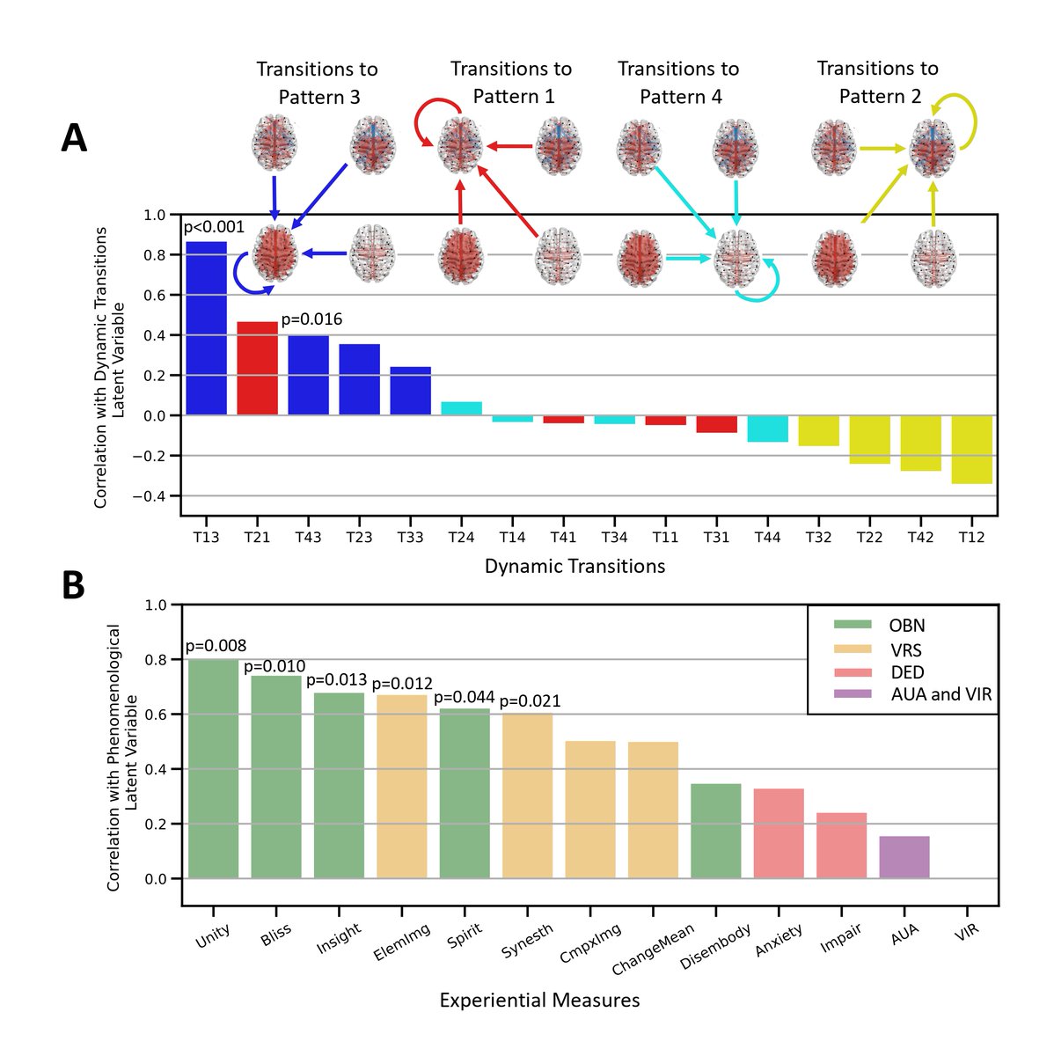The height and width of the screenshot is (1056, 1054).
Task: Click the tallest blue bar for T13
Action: [x=206, y=328]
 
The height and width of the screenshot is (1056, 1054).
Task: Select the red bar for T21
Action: [x=257, y=368]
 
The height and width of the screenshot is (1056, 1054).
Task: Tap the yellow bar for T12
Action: [x=971, y=450]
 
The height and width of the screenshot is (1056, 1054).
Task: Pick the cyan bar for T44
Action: [x=767, y=429]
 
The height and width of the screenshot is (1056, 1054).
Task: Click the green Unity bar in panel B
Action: [x=213, y=769]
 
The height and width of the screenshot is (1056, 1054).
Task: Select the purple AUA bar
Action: [x=904, y=858]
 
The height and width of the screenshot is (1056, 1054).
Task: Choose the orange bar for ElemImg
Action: [x=402, y=787]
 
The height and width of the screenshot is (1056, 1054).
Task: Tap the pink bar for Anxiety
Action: [x=779, y=833]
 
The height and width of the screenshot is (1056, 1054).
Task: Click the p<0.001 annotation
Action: [x=214, y=227]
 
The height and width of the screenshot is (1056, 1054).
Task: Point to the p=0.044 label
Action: [x=465, y=697]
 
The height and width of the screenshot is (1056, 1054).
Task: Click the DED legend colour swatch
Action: [x=853, y=672]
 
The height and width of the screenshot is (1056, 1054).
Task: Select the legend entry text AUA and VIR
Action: [x=941, y=694]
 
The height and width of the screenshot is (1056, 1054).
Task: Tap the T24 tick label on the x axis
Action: [x=461, y=538]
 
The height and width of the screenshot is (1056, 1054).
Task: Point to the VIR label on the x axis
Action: [x=966, y=932]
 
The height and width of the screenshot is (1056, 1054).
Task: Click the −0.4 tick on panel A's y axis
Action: [x=149, y=496]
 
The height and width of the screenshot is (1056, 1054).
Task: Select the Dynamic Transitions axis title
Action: [x=575, y=566]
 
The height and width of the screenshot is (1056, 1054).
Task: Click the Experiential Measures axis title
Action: [x=540, y=1000]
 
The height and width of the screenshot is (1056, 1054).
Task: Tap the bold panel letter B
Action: [x=73, y=585]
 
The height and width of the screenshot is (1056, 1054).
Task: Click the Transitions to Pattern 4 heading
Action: [x=679, y=83]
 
